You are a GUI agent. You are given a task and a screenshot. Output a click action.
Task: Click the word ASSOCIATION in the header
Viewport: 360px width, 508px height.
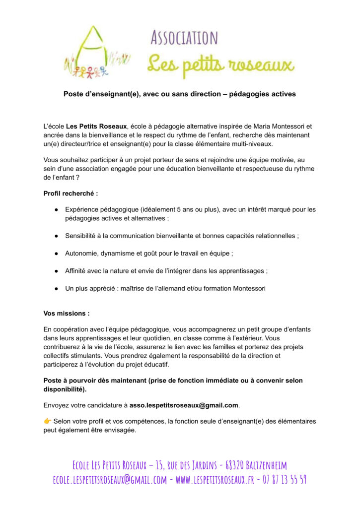point(184,38)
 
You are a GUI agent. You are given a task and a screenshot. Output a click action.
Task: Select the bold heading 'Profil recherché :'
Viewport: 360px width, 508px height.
point(70,192)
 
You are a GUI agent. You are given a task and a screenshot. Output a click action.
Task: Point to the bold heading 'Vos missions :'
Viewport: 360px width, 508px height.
point(67,314)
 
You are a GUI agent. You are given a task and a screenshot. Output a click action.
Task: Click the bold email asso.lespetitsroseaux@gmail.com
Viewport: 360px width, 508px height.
point(184,405)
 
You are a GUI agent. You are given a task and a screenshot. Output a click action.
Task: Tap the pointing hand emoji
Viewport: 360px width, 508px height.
point(48,421)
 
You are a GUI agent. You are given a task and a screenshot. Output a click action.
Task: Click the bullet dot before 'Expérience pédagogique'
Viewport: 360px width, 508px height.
point(57,210)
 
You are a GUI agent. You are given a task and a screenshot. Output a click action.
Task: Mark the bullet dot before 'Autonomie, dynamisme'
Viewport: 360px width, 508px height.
point(57,254)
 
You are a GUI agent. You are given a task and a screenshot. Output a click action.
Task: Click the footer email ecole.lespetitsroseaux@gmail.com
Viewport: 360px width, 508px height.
point(110,480)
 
